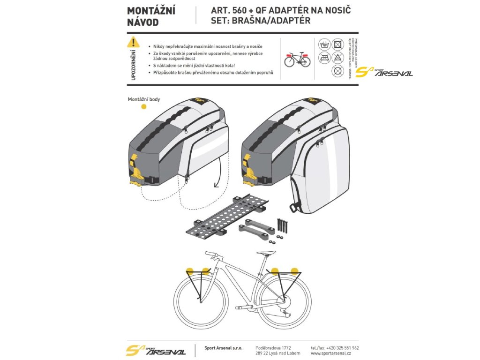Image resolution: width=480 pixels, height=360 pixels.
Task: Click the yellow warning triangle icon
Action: pos(133,42)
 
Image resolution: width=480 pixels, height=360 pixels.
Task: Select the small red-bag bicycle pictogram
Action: pos(297,59)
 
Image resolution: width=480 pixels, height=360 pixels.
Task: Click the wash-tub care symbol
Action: pos(324,45)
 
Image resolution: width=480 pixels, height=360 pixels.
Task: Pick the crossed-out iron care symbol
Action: pos(324,58)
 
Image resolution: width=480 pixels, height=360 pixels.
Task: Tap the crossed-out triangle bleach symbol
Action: pos(337,58)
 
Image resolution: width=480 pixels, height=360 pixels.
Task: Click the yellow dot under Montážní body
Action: pos(144,106)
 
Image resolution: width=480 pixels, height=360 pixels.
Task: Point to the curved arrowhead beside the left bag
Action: pos(216,185)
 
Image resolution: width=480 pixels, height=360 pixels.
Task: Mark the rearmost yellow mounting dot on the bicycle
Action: pos(294,270)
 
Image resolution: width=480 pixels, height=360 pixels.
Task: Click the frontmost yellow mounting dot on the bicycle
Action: pos(190,270)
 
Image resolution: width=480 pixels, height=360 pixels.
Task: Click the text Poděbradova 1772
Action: pos(273,348)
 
